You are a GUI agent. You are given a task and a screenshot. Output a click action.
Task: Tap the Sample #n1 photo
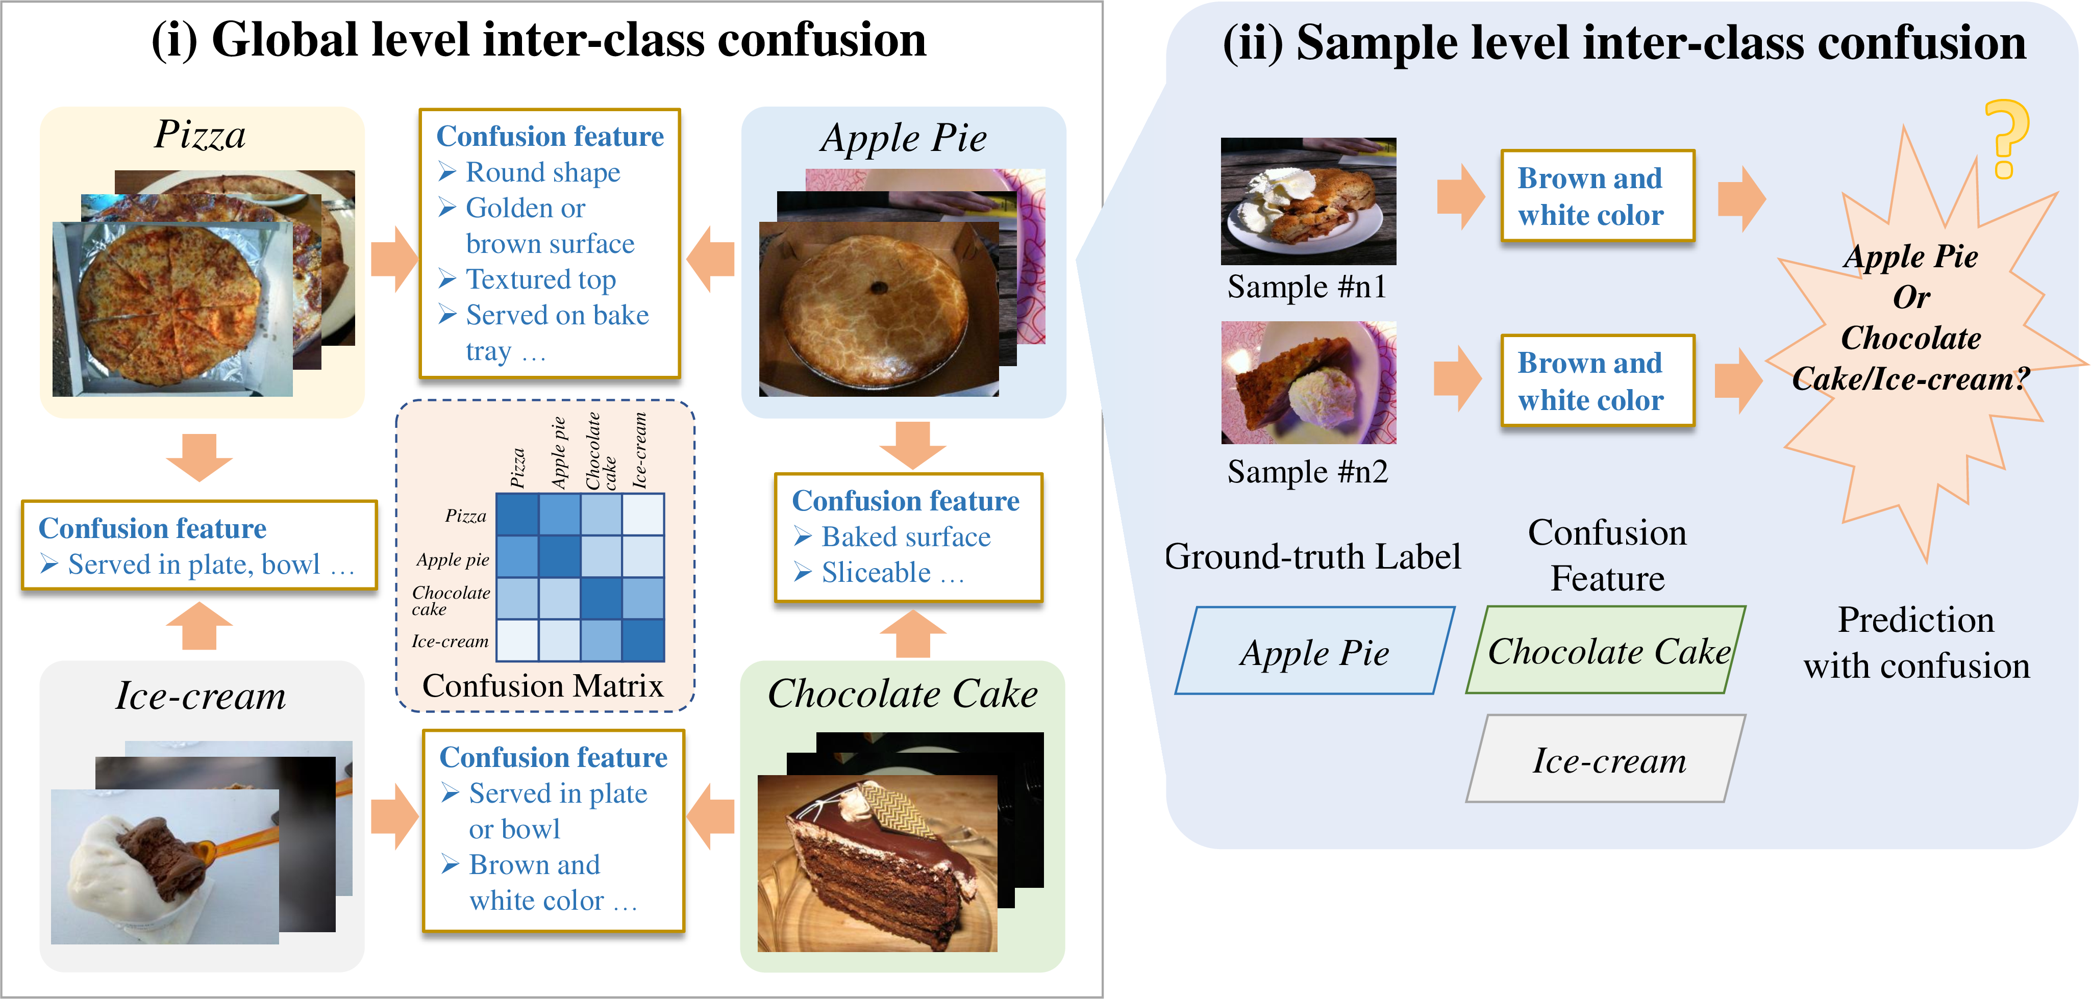coord(1308,201)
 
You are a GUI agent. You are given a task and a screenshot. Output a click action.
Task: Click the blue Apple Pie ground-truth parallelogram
coord(1315,651)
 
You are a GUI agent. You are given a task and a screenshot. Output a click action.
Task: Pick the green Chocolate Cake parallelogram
coord(1606,650)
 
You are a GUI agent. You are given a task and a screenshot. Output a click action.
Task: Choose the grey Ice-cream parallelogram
coord(1606,759)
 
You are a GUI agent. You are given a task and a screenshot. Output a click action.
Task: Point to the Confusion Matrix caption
coord(542,686)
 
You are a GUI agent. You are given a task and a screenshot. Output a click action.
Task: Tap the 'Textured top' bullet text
coord(540,279)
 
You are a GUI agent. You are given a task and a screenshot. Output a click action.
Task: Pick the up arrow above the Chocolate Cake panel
coord(913,634)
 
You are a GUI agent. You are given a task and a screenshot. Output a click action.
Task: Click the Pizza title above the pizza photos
coord(200,134)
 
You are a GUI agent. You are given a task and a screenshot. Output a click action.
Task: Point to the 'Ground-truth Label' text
coord(1312,557)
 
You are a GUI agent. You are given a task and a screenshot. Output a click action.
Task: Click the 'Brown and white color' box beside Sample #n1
coord(1598,196)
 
